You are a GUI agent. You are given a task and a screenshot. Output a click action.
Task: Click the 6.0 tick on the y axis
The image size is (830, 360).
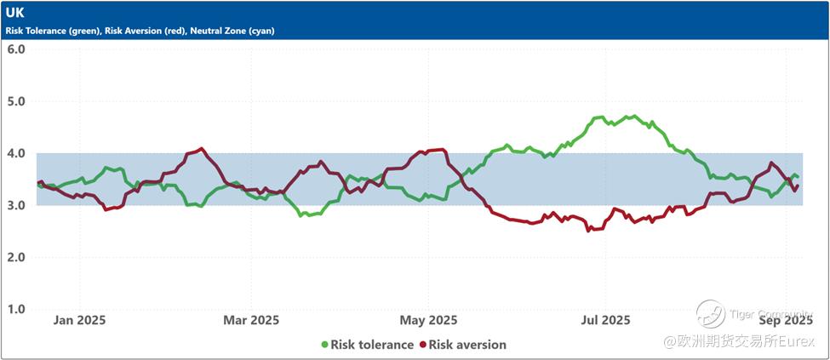pos(16,49)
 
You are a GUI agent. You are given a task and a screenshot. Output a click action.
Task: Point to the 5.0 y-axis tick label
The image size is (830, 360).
pos(16,101)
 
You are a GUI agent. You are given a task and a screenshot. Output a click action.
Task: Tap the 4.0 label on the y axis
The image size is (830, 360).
pos(16,153)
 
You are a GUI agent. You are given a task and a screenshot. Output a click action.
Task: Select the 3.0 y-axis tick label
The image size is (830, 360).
pos(16,205)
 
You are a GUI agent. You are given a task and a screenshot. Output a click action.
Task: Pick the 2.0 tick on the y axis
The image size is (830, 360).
pos(16,257)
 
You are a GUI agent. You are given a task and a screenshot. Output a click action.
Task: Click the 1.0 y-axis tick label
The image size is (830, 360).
pos(16,309)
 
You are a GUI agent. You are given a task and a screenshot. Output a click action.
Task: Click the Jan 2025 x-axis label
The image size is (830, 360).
pos(79,320)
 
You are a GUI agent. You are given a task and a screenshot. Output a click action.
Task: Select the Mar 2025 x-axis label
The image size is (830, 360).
pos(251,320)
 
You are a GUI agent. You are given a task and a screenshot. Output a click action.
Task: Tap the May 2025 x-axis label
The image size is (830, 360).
pos(429,320)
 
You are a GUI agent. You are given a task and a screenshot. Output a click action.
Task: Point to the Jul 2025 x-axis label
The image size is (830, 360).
pos(605,320)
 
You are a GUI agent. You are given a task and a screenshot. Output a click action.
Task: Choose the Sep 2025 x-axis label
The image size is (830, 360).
pos(785,320)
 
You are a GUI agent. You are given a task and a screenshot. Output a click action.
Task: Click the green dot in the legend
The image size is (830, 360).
pos(324,345)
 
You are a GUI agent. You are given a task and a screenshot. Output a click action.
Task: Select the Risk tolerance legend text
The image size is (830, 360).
pos(373,345)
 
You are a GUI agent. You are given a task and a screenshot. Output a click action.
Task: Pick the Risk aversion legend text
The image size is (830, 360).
pos(467,345)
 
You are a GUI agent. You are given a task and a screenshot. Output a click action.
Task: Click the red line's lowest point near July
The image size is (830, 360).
pos(588,231)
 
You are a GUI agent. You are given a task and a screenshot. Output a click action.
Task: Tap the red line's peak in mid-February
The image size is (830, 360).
pos(201,148)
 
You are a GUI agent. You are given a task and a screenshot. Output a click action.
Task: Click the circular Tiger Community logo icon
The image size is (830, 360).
pos(710,313)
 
